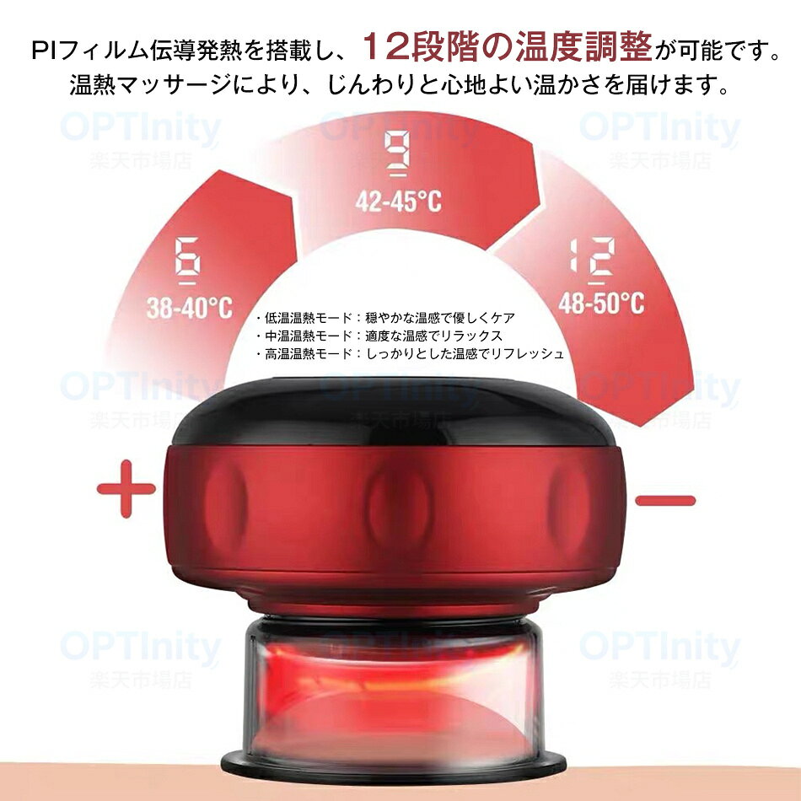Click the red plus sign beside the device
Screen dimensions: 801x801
(126, 489)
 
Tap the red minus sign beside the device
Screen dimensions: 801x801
(665, 500)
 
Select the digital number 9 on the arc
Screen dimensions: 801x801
(397, 153)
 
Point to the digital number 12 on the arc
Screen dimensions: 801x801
(593, 261)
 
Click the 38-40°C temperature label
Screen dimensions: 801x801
(190, 308)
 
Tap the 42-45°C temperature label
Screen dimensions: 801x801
(399, 201)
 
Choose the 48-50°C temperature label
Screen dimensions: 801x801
(601, 303)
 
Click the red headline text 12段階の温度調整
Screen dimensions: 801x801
(507, 47)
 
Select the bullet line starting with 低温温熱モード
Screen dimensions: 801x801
(385, 318)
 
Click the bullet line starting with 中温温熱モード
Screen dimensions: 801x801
(379, 336)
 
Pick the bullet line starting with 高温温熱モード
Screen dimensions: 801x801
(410, 353)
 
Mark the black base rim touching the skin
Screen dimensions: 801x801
(395, 769)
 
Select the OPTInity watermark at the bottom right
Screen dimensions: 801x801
(660, 646)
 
